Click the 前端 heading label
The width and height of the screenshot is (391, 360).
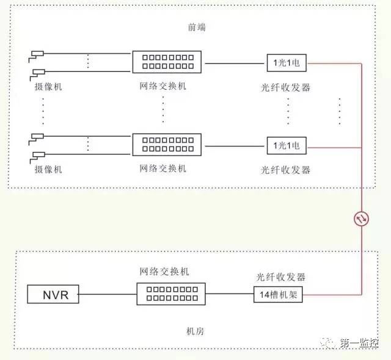click(197, 27)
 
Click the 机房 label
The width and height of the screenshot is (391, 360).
click(195, 331)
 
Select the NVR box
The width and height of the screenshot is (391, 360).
click(53, 294)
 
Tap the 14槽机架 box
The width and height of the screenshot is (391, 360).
click(278, 295)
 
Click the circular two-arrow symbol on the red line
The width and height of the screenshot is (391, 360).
click(361, 219)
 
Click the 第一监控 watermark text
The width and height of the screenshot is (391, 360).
click(359, 343)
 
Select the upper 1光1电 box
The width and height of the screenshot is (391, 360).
click(287, 63)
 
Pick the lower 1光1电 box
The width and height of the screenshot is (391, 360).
click(287, 145)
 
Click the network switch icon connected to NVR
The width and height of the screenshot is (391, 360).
click(171, 293)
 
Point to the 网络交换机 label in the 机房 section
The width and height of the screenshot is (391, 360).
click(164, 272)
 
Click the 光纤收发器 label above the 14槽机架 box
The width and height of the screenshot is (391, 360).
click(281, 277)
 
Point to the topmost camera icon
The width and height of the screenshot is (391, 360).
click(36, 57)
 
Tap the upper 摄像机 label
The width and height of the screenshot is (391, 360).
click(48, 87)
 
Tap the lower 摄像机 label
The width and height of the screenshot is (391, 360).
click(48, 169)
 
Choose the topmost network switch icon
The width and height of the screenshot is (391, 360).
click(167, 62)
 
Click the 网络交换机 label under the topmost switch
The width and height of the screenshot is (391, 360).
click(163, 86)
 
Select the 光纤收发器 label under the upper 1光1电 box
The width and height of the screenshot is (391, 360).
click(285, 87)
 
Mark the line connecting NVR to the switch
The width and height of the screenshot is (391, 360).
click(108, 294)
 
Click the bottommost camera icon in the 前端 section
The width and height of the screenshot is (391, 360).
click(37, 157)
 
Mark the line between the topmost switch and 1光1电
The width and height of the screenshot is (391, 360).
click(235, 63)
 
